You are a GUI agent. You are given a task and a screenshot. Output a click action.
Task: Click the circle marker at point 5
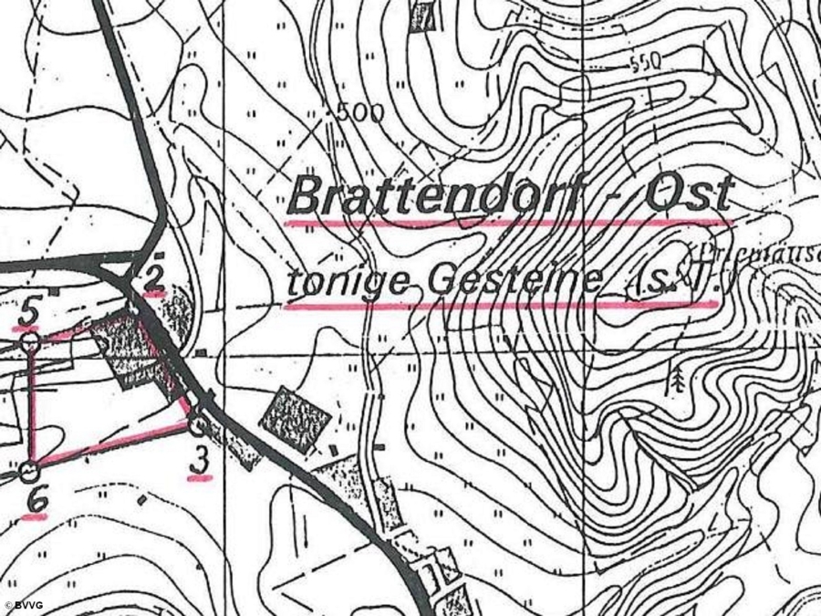click(x=29, y=341)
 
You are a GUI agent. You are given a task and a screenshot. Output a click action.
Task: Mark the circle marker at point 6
click(x=29, y=472)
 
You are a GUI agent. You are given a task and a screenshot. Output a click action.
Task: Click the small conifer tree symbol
click(x=676, y=381)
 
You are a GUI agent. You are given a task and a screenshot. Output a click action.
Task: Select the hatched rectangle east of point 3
click(x=295, y=416)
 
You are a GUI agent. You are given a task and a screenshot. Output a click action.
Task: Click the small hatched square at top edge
click(x=421, y=17)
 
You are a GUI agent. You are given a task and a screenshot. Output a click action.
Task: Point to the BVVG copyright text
click(x=26, y=605)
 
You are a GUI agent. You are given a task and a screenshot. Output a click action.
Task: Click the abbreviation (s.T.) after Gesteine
click(x=670, y=285)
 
